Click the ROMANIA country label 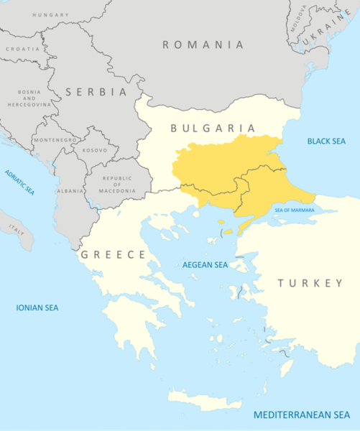pyautogui.click(x=203, y=45)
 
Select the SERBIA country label pyautogui.click(x=96, y=92)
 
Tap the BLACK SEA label pyautogui.click(x=327, y=141)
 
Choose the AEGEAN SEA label pyautogui.click(x=206, y=265)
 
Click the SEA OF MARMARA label pyautogui.click(x=295, y=210)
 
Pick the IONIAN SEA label pyautogui.click(x=37, y=307)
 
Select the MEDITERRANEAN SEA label pyautogui.click(x=302, y=415)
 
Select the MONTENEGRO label pyautogui.click(x=55, y=140)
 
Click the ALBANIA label pyautogui.click(x=70, y=190)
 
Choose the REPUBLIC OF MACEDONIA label pyautogui.click(x=119, y=184)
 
